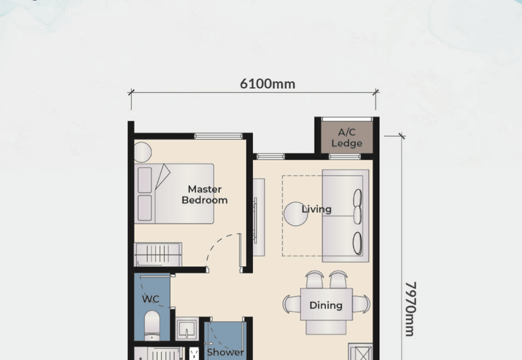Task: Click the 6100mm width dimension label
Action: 268,83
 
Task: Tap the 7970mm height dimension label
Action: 410,309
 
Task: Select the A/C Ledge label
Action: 346,138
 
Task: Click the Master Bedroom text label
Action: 204,194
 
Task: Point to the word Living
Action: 316,209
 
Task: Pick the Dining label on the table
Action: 326,305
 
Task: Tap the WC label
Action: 151,299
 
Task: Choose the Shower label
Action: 225,352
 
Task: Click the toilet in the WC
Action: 152,325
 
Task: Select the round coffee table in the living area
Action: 296,215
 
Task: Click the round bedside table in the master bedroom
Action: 142,153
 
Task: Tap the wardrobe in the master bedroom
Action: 158,254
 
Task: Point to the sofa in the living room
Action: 346,216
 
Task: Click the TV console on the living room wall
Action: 258,217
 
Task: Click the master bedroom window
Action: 219,136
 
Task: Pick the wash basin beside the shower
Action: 187,329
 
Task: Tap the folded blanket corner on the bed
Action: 162,176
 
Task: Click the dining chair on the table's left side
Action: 292,304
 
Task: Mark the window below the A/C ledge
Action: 345,157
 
